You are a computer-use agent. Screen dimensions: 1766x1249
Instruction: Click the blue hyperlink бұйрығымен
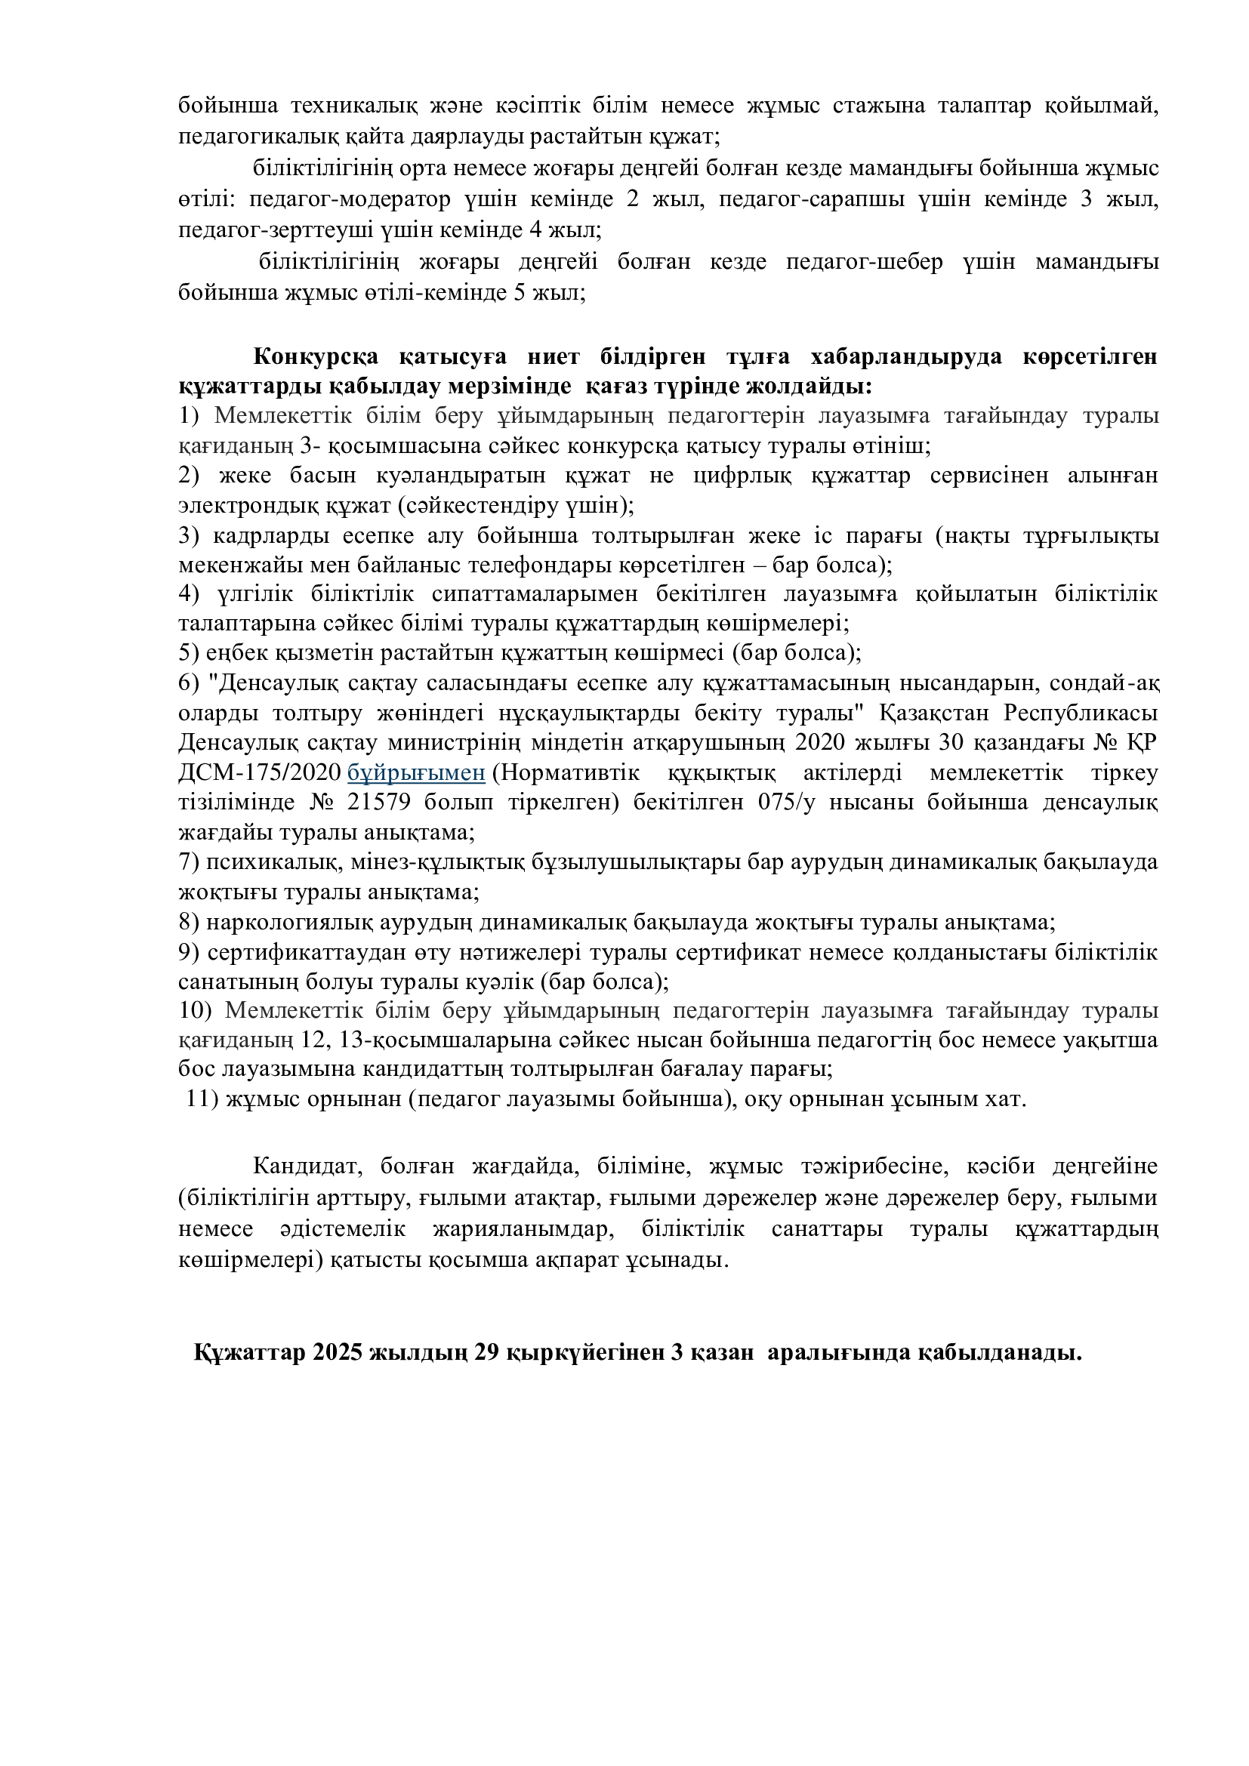pyautogui.click(x=416, y=772)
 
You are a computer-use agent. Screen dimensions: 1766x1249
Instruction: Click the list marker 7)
pyautogui.click(x=190, y=862)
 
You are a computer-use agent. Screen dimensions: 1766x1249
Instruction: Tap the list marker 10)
pyautogui.click(x=195, y=1010)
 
